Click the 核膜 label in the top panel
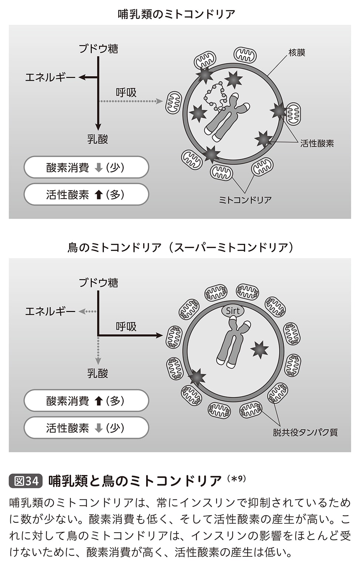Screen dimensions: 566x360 [297, 53]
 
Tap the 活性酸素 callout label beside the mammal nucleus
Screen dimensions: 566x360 [317, 144]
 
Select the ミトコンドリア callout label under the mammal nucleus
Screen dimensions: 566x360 [245, 200]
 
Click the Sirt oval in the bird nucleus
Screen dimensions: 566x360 [233, 311]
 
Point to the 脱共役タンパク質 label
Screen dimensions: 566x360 [305, 432]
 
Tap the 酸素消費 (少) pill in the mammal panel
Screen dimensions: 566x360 [86, 168]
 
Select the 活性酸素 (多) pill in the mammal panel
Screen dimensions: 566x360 [86, 195]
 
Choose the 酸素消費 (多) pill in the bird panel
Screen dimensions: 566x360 [86, 401]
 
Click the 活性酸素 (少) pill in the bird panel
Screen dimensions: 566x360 [86, 428]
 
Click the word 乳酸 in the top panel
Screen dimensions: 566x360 [98, 139]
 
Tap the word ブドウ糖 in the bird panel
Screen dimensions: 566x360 [98, 283]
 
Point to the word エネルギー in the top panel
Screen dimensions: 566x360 [50, 77]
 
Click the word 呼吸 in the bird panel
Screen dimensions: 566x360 [126, 327]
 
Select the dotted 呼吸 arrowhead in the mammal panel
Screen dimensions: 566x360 [159, 101]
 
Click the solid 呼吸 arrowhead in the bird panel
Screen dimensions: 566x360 [159, 336]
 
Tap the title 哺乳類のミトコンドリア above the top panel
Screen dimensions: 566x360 [176, 14]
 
